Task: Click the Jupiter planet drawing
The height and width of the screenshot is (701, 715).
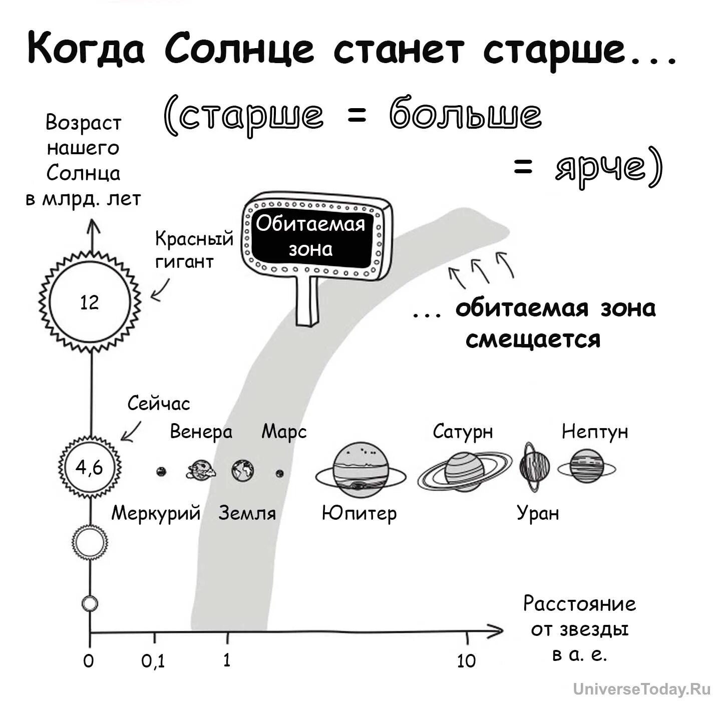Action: pyautogui.click(x=361, y=470)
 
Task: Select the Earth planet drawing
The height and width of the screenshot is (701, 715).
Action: pyautogui.click(x=243, y=471)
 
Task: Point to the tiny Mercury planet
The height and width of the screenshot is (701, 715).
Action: pyautogui.click(x=161, y=472)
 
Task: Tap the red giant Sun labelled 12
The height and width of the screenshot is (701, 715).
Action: pyautogui.click(x=90, y=302)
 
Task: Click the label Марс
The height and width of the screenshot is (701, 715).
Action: pyautogui.click(x=284, y=432)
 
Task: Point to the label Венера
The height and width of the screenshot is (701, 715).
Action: pyautogui.click(x=201, y=432)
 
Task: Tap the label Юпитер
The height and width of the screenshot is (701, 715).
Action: pyautogui.click(x=359, y=513)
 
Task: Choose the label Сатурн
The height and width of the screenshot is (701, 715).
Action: pyautogui.click(x=463, y=432)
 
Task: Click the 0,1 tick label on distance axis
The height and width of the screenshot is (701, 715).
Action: pyautogui.click(x=153, y=661)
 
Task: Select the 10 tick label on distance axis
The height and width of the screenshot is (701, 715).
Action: pyautogui.click(x=466, y=661)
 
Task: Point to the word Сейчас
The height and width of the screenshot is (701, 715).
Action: pyautogui.click(x=159, y=404)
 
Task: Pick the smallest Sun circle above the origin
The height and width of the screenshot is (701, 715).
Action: pyautogui.click(x=90, y=603)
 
